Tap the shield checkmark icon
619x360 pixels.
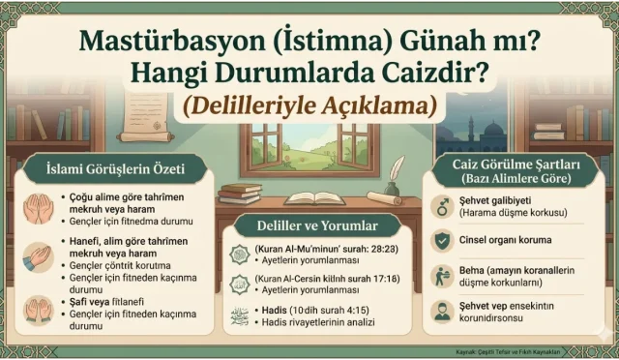440,239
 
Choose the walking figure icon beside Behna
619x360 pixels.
440,275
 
